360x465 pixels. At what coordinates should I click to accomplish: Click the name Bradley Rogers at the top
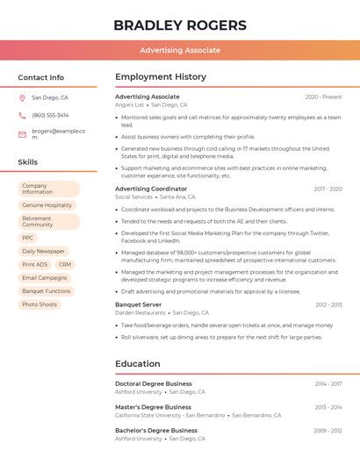click(180, 25)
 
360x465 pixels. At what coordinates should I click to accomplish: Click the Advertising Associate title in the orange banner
click(180, 50)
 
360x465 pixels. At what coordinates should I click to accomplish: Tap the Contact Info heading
click(41, 77)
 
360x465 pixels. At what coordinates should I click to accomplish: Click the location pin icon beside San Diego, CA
click(22, 98)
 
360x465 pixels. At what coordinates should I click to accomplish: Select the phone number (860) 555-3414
click(50, 115)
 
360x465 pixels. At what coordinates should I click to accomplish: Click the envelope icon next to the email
click(22, 134)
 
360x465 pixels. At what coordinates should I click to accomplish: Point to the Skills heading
click(28, 162)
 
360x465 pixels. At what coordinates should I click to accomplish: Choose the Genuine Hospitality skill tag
click(47, 205)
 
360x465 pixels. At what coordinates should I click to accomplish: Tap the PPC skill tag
click(28, 238)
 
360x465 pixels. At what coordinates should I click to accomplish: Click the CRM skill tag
click(65, 264)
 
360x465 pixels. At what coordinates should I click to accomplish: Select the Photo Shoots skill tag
click(40, 304)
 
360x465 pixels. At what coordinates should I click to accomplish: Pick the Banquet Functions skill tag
click(47, 291)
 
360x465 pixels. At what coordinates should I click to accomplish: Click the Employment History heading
click(161, 77)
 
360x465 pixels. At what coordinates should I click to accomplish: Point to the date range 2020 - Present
click(323, 97)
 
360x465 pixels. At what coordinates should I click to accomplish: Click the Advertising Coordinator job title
click(151, 189)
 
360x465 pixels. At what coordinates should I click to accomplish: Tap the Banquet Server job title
click(139, 304)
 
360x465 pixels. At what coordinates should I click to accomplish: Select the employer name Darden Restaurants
click(140, 312)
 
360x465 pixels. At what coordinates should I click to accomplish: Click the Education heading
click(138, 364)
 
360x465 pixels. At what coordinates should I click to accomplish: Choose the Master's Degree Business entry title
click(153, 407)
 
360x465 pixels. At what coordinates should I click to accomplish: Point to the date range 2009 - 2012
click(328, 431)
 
